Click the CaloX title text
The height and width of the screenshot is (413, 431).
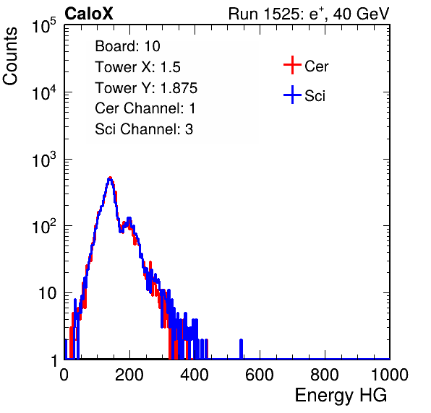(x=89, y=14)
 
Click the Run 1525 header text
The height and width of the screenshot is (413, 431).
(x=309, y=14)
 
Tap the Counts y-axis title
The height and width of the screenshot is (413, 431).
(x=10, y=56)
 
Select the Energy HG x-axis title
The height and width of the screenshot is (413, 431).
(x=341, y=396)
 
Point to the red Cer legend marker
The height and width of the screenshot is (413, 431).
(x=292, y=65)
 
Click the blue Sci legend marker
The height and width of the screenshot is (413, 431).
(x=292, y=95)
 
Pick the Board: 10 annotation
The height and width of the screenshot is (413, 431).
(x=127, y=46)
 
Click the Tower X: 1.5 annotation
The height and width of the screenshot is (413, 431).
(x=137, y=67)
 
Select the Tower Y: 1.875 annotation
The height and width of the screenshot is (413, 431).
(x=146, y=88)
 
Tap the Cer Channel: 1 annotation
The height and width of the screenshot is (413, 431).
(x=145, y=108)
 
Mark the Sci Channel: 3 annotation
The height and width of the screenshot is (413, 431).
(x=144, y=129)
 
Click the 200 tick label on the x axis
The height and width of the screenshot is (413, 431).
(x=129, y=375)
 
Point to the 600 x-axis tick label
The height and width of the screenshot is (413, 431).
(x=260, y=375)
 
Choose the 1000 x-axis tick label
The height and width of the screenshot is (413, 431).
(x=390, y=375)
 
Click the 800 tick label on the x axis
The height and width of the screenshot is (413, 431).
(x=325, y=375)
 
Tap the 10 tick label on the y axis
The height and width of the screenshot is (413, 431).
(x=48, y=293)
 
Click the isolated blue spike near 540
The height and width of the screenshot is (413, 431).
(x=241, y=349)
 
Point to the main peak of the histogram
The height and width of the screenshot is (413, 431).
(x=110, y=178)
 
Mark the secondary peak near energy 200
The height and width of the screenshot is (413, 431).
(x=129, y=219)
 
